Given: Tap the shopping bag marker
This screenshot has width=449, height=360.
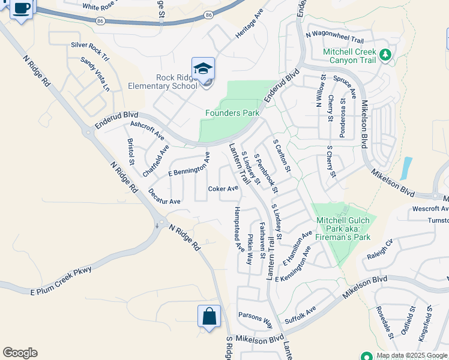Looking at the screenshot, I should (x=209, y=316).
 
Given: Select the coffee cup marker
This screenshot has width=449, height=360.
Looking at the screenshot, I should (x=22, y=9).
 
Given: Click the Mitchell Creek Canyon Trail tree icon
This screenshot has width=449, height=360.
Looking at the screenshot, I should (x=385, y=56).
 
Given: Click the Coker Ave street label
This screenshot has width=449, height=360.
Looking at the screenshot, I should (x=223, y=188).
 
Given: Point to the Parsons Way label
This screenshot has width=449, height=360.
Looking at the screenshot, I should (x=255, y=318).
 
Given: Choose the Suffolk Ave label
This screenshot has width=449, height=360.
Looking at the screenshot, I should (x=301, y=315).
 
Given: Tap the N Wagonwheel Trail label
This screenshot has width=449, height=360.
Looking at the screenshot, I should (x=335, y=38).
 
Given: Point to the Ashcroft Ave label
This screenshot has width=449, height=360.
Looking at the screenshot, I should (x=147, y=130).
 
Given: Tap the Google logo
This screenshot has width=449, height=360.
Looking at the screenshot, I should (x=20, y=353).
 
